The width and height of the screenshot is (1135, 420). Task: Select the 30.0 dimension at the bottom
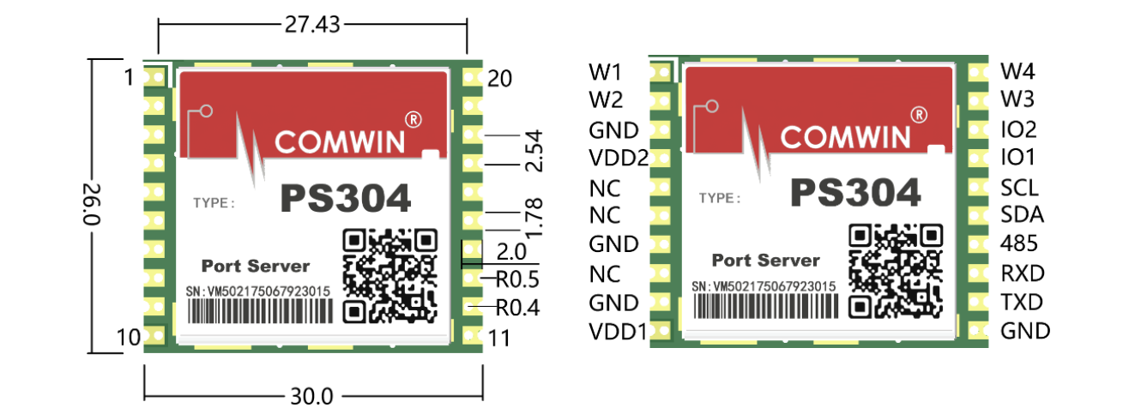(311, 397)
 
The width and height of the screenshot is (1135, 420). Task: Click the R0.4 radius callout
(517, 306)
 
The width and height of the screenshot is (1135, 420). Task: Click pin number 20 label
(499, 79)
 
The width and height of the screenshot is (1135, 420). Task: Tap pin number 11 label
(498, 339)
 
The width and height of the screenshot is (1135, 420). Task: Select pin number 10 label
(129, 339)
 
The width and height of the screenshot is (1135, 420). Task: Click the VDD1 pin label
(617, 331)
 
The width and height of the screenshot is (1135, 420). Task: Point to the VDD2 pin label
(617, 159)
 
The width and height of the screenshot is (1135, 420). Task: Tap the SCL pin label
(1019, 187)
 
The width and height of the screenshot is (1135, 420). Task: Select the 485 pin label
(1018, 244)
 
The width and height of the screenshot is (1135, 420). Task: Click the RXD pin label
(1023, 273)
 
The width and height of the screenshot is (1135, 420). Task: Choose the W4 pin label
(1018, 69)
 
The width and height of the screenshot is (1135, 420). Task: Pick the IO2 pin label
(1019, 129)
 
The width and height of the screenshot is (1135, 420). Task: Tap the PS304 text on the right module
(855, 193)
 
